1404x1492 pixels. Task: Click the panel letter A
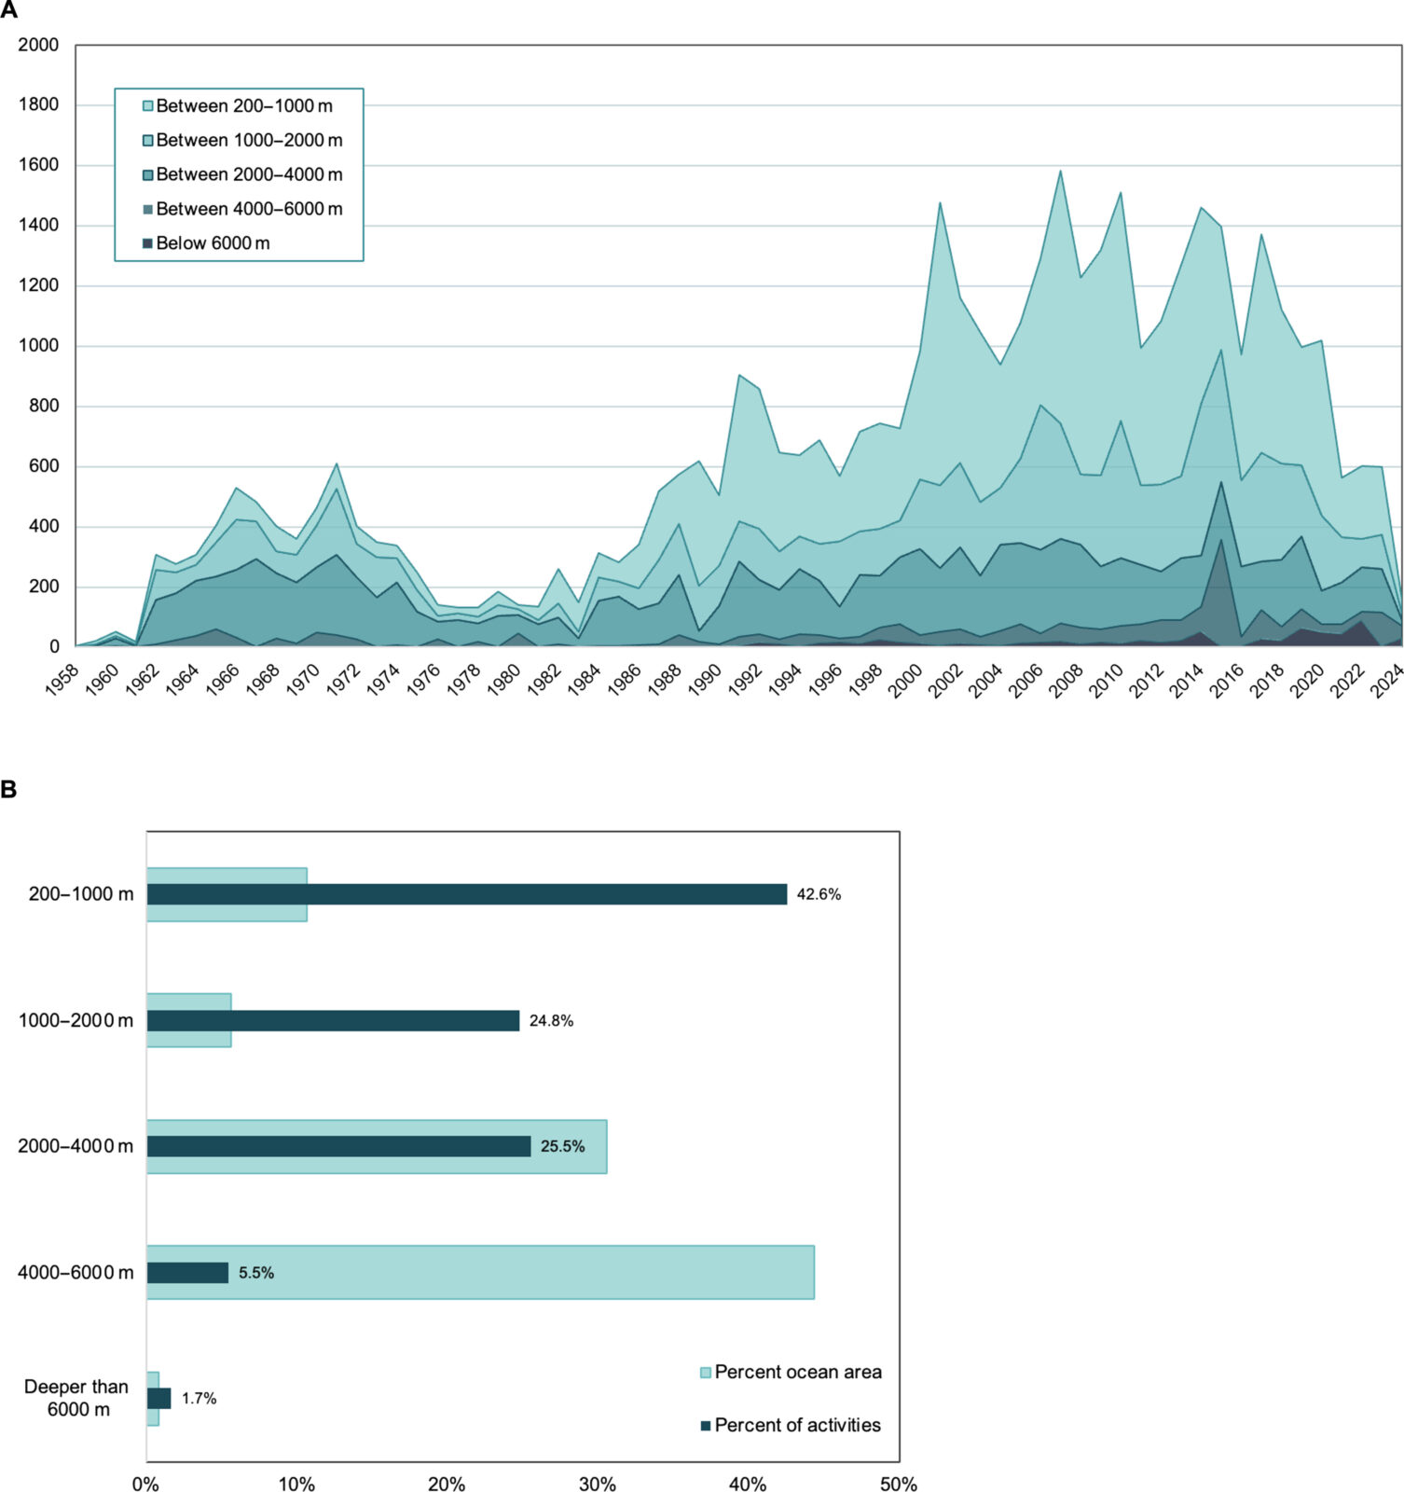tap(8, 10)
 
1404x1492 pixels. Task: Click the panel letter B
tap(8, 790)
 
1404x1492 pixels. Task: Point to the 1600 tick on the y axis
tap(39, 165)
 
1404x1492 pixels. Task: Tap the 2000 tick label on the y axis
tap(39, 45)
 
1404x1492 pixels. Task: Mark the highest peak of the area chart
tap(1060, 171)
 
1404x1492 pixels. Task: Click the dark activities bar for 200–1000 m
tap(466, 894)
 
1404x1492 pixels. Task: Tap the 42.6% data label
tap(819, 894)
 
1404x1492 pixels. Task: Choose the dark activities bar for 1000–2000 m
tap(333, 1020)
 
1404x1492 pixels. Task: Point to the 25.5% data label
tap(562, 1146)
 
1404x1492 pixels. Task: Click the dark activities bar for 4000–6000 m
tap(187, 1272)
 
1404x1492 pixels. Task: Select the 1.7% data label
tap(199, 1398)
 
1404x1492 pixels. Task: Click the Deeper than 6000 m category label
tap(77, 1398)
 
